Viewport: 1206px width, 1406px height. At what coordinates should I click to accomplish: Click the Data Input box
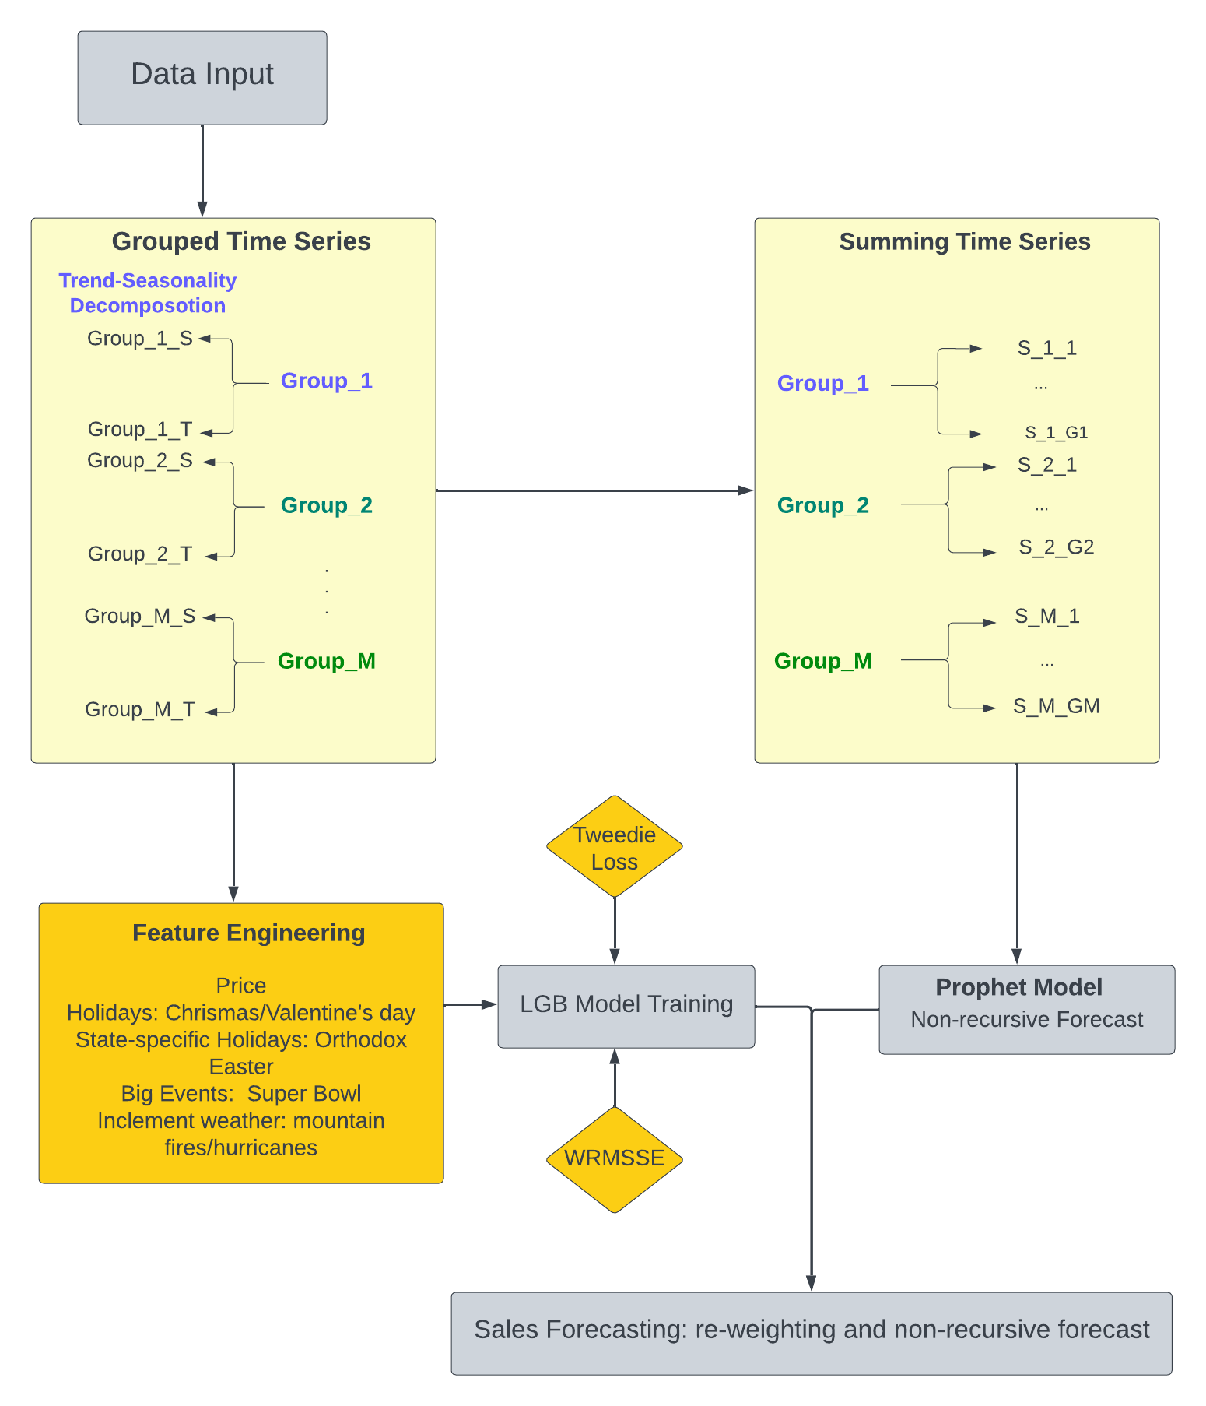point(202,77)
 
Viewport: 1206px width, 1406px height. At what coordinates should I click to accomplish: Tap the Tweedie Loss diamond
point(614,848)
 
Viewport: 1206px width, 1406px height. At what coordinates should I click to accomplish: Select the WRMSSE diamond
point(614,1158)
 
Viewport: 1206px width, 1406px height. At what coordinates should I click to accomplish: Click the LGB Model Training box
point(626,1006)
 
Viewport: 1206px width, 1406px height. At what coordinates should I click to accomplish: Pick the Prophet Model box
point(1026,1009)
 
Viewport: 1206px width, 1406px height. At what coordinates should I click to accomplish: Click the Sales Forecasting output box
point(811,1332)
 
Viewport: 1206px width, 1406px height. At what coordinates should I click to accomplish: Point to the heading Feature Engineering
point(248,933)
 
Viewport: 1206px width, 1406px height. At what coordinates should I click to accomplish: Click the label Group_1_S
point(140,339)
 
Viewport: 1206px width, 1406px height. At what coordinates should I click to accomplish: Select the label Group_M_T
point(140,709)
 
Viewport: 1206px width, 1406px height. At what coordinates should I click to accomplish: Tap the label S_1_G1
point(1056,432)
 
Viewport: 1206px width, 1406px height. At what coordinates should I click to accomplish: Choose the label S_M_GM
point(1056,706)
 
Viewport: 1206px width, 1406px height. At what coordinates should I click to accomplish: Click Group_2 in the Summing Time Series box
point(822,505)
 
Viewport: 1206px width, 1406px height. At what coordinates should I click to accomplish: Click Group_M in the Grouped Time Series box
point(326,661)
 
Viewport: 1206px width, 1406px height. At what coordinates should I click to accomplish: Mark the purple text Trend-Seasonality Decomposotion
point(147,293)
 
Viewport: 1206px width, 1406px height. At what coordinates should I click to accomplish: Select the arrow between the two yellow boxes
point(594,490)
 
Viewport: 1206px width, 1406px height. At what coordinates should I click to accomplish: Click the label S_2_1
point(1046,465)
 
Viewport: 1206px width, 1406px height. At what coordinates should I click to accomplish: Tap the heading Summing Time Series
point(964,241)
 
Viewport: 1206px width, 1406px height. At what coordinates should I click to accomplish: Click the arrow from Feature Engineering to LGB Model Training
point(470,1005)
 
